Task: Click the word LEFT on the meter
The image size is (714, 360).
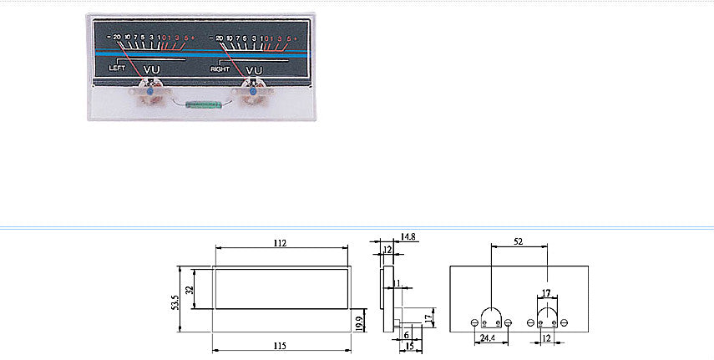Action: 117,68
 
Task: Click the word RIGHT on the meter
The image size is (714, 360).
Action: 220,68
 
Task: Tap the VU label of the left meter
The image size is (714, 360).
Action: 152,68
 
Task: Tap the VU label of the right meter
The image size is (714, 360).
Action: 253,68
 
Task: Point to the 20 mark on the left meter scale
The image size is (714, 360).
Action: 117,37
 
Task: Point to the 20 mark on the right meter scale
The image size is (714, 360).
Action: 220,38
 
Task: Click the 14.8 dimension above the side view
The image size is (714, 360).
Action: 408,237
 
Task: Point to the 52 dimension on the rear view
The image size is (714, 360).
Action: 519,241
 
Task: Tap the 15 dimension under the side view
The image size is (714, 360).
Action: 409,345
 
